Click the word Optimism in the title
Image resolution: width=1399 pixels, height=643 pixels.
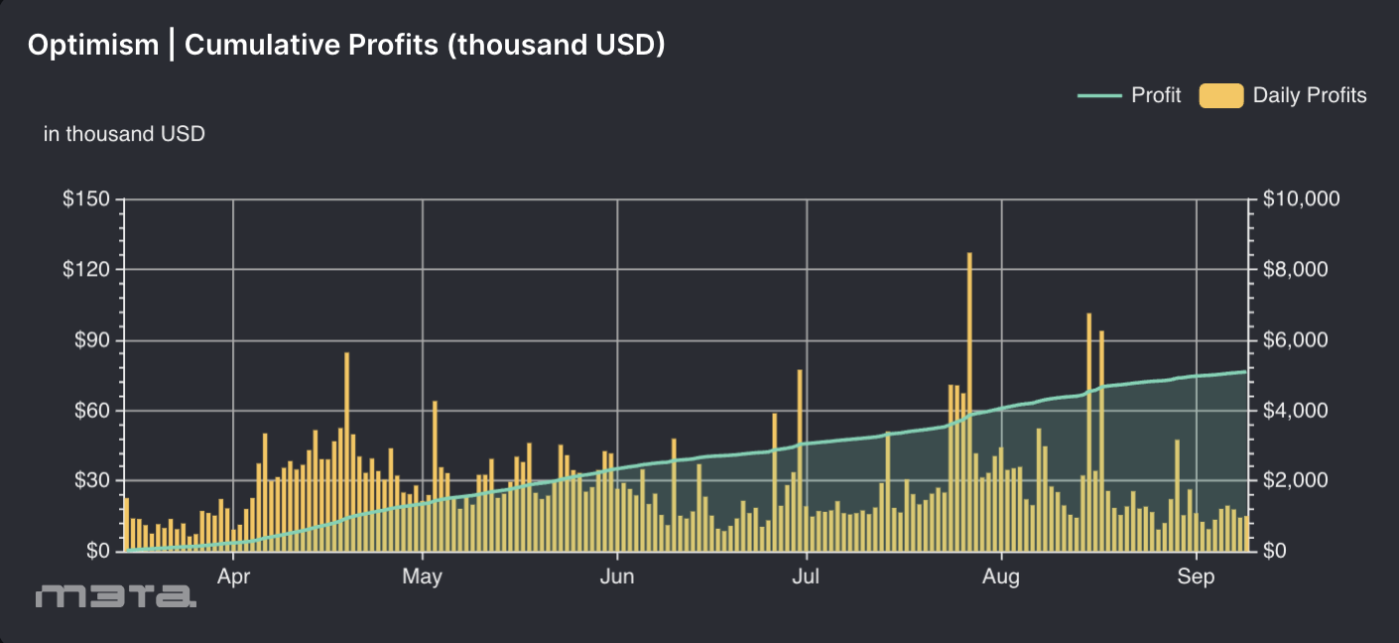92,45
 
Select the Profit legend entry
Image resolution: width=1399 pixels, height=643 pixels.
1156,95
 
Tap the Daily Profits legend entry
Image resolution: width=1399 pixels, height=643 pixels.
1309,95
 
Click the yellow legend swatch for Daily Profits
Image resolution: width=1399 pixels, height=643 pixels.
1220,95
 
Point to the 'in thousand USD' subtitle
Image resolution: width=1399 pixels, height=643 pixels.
124,133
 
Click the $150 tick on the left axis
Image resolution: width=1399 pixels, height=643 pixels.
86,199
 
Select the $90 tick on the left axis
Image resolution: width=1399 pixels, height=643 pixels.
90,340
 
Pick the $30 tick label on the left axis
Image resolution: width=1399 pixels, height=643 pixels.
90,480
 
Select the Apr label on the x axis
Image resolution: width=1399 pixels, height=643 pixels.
233,578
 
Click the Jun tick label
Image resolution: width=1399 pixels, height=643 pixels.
617,578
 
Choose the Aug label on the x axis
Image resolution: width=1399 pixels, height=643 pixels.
1002,578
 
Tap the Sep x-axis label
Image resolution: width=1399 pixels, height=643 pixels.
1197,578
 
